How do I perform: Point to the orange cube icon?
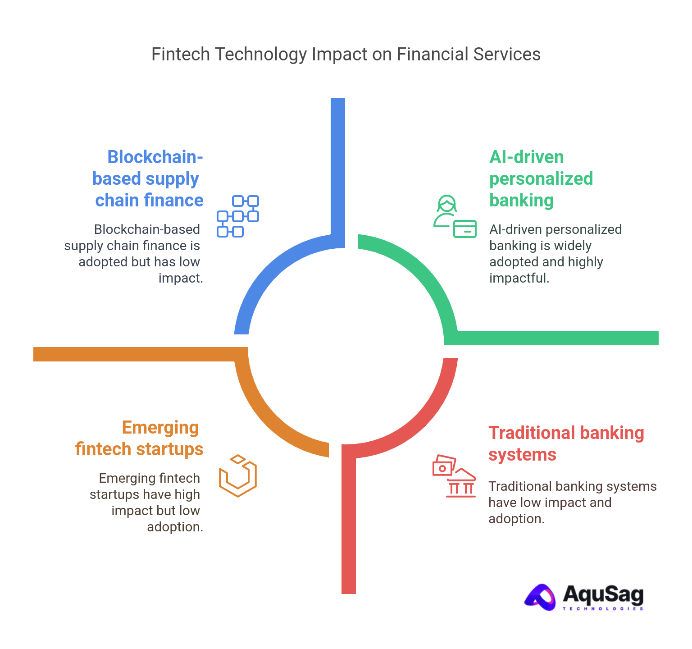[x=238, y=476]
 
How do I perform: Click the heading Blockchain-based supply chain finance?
[x=148, y=178]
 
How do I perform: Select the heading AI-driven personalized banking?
[x=541, y=178]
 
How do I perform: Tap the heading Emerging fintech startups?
[x=140, y=438]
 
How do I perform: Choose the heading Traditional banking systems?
[x=566, y=443]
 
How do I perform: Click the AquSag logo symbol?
[x=541, y=597]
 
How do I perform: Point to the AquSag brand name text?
[x=603, y=594]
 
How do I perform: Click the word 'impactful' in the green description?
[x=519, y=278]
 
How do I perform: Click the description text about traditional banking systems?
[x=572, y=503]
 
